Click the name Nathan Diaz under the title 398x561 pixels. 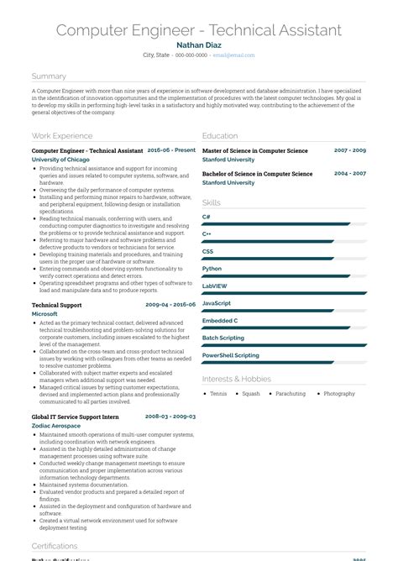pos(199,45)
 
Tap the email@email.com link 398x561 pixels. pos(233,55)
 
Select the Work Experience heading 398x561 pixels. pos(62,135)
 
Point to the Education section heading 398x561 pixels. pos(220,135)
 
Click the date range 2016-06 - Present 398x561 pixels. pos(171,150)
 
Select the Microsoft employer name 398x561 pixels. pos(45,313)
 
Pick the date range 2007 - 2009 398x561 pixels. pos(350,150)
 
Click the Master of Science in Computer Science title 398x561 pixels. pos(255,150)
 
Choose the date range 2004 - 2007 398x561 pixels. pos(350,174)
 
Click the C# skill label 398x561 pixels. pos(207,217)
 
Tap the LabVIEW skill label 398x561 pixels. pos(214,286)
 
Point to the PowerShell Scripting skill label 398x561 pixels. pos(231,355)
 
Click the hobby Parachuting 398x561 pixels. pos(291,394)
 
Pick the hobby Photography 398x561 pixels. pos(339,394)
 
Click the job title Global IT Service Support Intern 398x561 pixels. pos(76,417)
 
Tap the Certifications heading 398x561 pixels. pos(55,547)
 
